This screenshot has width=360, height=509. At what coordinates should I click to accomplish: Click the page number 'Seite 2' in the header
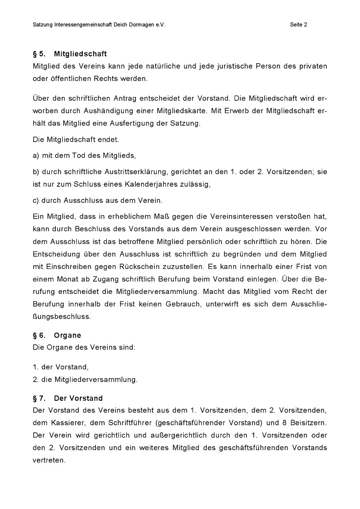298,24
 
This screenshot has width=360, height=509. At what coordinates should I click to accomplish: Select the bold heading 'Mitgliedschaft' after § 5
80,54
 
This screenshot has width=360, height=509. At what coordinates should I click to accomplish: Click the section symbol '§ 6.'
39,336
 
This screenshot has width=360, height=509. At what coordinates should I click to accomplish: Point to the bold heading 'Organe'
68,336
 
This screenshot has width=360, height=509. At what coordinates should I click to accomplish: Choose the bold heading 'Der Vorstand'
78,398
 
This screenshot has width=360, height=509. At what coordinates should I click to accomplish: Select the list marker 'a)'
36,156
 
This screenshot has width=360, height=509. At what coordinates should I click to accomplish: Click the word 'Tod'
80,156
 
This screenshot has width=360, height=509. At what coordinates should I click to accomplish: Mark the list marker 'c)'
36,200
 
